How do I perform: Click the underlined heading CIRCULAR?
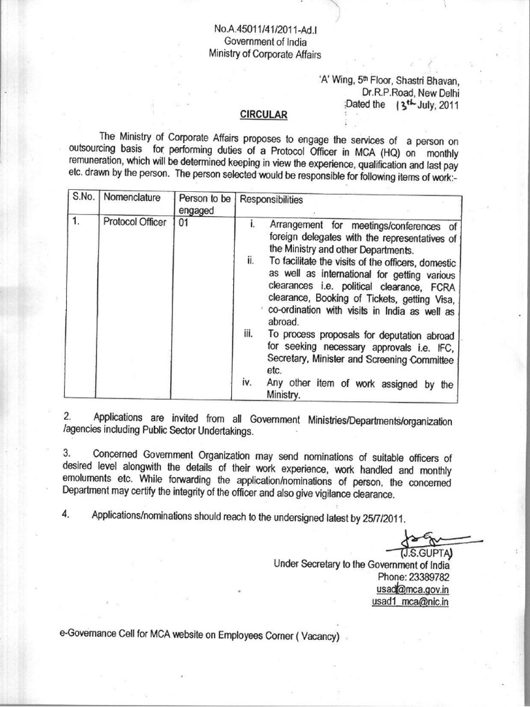[259, 113]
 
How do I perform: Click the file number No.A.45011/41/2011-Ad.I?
[259, 30]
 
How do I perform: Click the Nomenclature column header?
[133, 198]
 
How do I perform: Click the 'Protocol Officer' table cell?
[135, 224]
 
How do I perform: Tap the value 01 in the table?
[184, 224]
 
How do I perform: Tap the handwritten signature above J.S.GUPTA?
[429, 538]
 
